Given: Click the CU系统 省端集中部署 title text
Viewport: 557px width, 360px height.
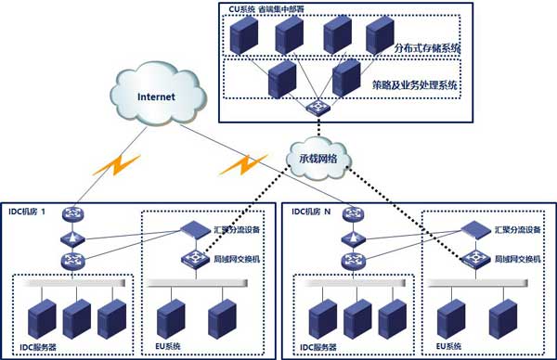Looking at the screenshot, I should pos(269,8).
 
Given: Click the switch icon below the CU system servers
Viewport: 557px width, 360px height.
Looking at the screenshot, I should pos(321,109).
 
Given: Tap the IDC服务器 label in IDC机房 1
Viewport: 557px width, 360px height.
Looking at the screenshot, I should pos(38,348).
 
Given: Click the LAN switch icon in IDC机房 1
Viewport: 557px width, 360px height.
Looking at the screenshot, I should pos(191,259).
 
